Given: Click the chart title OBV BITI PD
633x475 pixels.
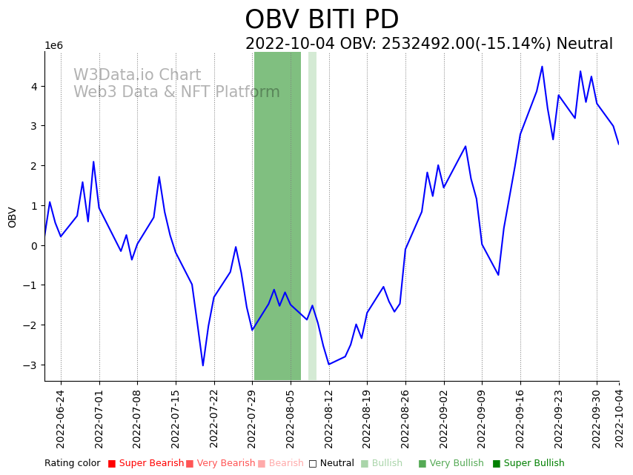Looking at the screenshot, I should tap(322, 20).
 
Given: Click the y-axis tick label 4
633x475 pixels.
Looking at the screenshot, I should tap(34, 87).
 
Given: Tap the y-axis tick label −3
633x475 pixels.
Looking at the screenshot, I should tap(31, 365).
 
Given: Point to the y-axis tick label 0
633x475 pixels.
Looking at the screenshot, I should tap(34, 246).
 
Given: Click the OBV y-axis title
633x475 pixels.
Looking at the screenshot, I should tap(13, 216).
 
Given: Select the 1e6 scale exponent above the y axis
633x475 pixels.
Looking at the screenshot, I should tap(54, 46).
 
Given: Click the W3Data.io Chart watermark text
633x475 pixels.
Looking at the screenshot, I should tap(137, 76).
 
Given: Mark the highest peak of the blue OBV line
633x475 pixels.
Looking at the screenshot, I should tap(542, 67).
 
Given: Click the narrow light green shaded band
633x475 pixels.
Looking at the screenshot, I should tap(312, 215).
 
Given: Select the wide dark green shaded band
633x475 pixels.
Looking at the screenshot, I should tap(277, 215).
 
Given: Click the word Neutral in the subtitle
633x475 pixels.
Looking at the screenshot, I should tap(584, 44).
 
